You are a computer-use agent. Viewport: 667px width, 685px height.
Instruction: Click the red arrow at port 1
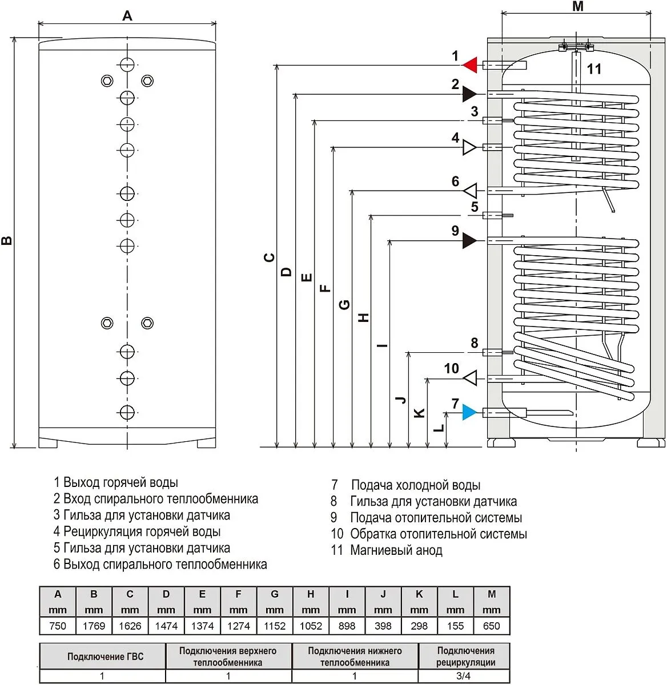(469, 65)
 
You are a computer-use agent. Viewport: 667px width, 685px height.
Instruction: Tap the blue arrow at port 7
(469, 412)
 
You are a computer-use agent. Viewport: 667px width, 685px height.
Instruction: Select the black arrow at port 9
(469, 240)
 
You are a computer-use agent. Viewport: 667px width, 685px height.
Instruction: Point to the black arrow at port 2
(469, 94)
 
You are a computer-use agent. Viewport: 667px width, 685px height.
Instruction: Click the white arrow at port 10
(469, 377)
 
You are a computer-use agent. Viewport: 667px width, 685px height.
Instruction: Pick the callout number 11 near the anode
(594, 69)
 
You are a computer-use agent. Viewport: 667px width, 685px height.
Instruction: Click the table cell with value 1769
(94, 626)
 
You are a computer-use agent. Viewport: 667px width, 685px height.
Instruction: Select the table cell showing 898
(347, 626)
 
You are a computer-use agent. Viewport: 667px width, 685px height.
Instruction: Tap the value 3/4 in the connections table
(463, 676)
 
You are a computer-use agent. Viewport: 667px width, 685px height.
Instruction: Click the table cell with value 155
(455, 626)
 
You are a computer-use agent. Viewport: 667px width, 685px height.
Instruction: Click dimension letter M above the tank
(577, 7)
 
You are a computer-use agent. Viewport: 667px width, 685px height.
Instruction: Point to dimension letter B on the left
(7, 240)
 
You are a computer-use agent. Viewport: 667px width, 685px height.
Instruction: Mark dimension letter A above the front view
(127, 16)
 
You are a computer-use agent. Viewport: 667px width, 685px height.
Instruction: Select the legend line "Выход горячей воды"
(120, 483)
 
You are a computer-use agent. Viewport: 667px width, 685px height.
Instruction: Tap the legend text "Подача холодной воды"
(415, 485)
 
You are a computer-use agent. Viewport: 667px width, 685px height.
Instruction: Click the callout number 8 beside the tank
(475, 343)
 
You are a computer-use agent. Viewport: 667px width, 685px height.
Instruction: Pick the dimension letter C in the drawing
(270, 257)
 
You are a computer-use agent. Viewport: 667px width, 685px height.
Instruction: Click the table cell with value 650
(491, 626)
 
